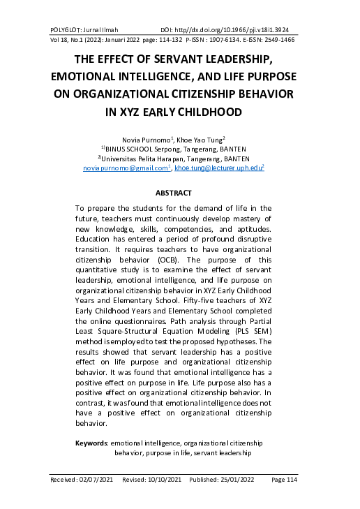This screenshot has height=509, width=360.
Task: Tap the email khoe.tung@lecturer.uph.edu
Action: [218, 168]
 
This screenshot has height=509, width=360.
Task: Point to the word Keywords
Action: [91, 443]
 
